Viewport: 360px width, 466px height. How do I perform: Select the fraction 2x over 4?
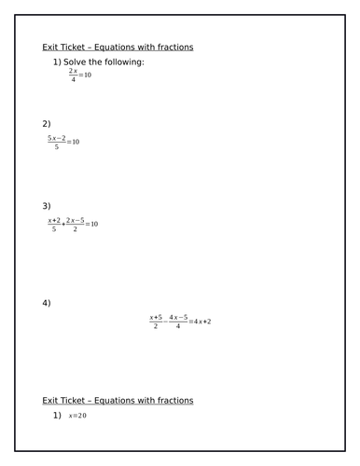(x=73, y=75)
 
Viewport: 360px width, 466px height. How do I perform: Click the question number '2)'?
(x=47, y=123)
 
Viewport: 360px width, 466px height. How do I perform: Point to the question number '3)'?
(x=47, y=206)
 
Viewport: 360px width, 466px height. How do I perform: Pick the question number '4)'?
(x=47, y=303)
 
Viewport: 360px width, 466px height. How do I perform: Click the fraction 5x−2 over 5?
(x=57, y=142)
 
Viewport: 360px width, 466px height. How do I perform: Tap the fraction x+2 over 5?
(x=54, y=225)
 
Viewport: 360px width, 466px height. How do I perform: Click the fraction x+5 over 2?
(x=156, y=322)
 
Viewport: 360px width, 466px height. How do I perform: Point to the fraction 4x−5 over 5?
(x=177, y=322)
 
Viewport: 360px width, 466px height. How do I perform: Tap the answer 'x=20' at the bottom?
(x=77, y=416)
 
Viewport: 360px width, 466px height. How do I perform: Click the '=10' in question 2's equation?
(x=74, y=142)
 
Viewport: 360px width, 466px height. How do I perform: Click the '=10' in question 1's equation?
(x=86, y=75)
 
